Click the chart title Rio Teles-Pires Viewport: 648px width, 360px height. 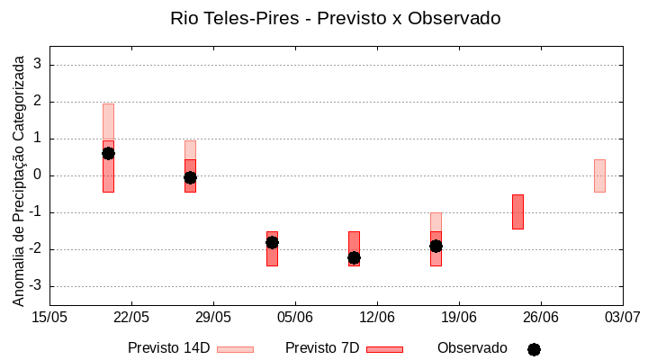[335, 18]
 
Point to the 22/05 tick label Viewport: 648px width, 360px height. [131, 317]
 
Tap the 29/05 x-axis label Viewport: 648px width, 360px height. [213, 317]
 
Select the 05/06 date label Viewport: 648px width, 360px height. [294, 317]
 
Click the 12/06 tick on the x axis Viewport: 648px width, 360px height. [377, 317]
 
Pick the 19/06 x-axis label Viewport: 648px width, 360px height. [459, 317]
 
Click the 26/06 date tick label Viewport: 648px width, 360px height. [540, 317]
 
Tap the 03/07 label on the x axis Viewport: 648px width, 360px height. [622, 317]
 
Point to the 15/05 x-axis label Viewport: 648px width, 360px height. [49, 317]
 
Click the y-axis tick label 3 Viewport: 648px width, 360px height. [38, 65]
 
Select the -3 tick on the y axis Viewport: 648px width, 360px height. [35, 286]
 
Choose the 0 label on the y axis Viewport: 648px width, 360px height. [38, 175]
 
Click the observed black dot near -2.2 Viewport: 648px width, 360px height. [354, 257]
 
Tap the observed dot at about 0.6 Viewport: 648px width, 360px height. [108, 153]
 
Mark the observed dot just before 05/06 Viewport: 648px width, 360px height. [272, 242]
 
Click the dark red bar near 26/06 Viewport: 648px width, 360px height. [517, 211]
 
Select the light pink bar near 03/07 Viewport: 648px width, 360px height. [599, 175]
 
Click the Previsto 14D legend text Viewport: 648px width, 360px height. [168, 348]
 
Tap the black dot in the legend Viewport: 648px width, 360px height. [534, 349]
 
